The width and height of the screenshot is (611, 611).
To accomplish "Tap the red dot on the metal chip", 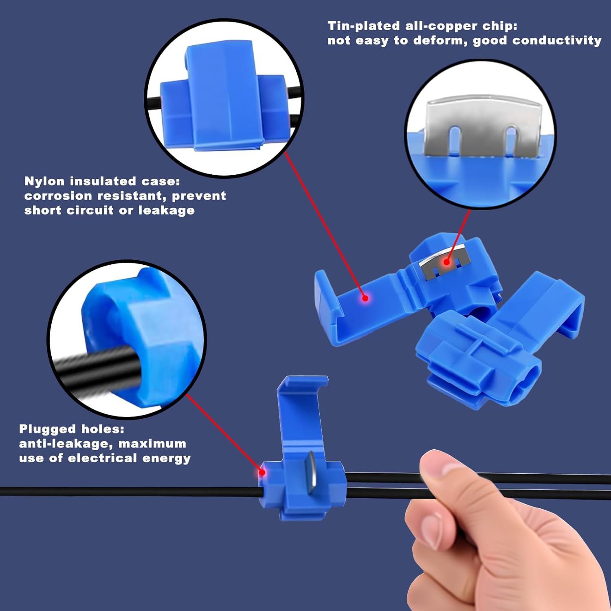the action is click(x=446, y=262).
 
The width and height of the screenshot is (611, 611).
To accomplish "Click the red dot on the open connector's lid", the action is click(x=365, y=298).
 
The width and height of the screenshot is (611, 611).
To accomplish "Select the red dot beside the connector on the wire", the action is click(x=262, y=473).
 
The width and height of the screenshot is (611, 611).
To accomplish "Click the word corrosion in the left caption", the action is click(x=58, y=196).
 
